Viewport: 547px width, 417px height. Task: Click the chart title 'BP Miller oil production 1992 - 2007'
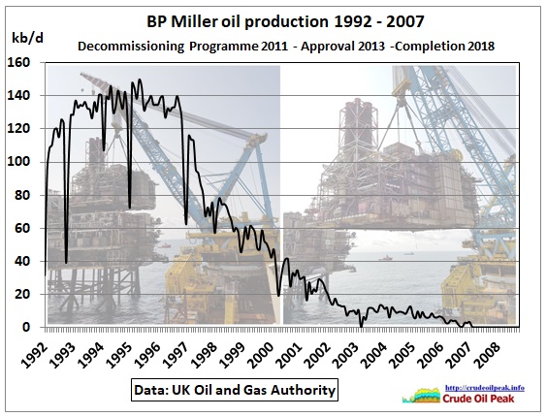285,21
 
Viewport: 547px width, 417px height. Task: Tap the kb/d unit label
27,38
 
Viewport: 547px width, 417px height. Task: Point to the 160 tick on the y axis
18,63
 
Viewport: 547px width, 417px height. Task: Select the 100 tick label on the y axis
18,162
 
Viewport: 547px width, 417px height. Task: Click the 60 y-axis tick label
22,228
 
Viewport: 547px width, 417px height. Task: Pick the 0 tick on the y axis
26,328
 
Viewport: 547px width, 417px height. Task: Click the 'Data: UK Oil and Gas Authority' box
235,390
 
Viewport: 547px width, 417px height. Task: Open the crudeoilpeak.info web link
485,388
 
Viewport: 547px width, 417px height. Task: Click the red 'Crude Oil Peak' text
479,399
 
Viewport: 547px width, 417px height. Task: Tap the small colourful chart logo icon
422,396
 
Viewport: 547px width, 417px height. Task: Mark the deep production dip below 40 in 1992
66,263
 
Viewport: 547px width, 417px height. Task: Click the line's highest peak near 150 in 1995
140,80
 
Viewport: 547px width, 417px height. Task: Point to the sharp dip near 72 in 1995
130,208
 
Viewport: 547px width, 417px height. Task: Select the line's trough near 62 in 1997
186,224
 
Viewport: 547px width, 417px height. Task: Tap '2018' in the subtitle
482,46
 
